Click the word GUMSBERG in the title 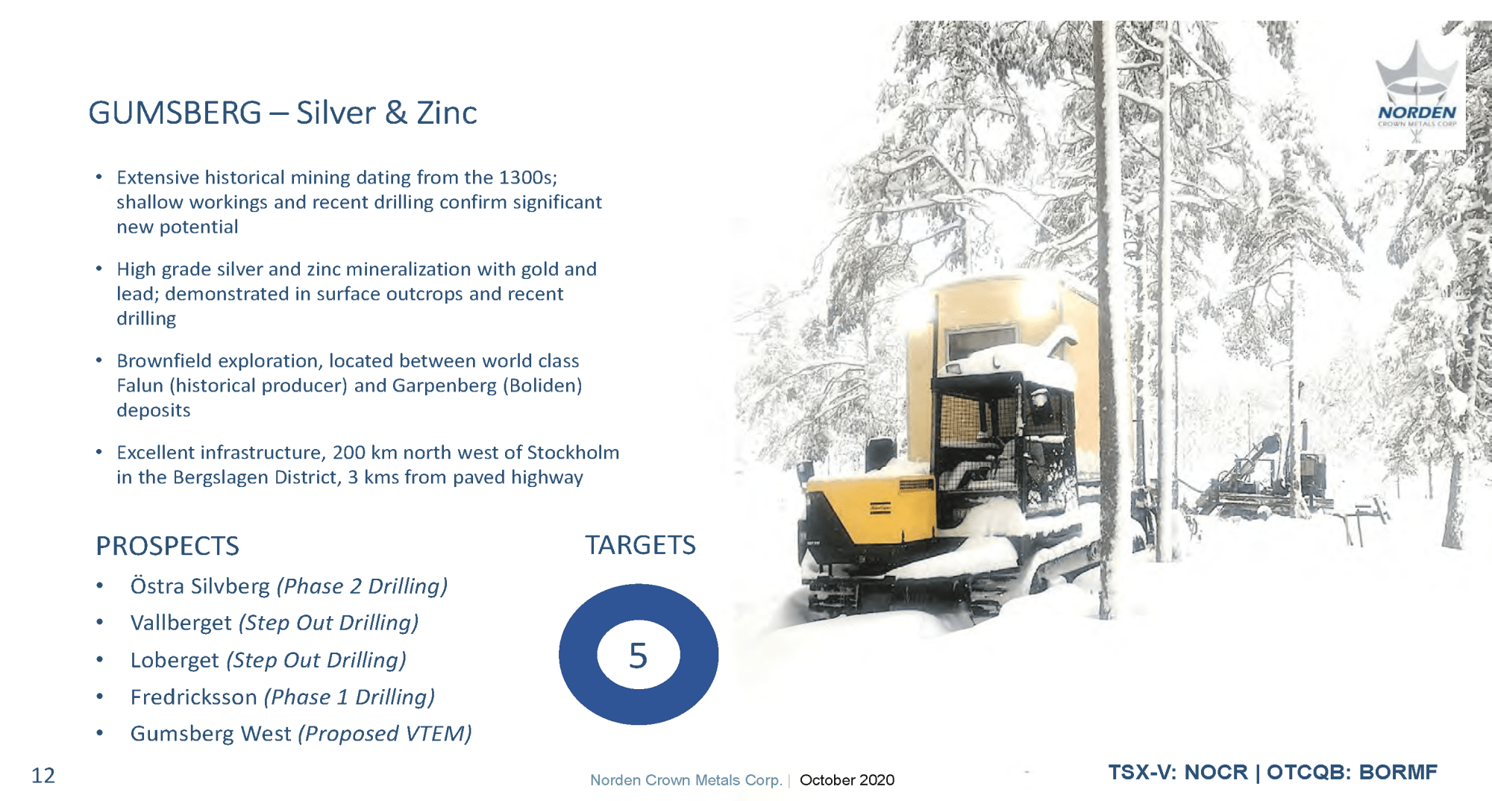[175, 113]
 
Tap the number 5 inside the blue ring [638, 656]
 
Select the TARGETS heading [640, 545]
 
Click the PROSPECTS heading [168, 546]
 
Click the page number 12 [43, 776]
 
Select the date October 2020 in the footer [847, 780]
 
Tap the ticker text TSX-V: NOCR [1178, 772]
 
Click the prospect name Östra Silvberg [200, 586]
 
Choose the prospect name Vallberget [181, 623]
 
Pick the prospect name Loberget [175, 660]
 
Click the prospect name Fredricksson [194, 697]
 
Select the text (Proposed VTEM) [385, 734]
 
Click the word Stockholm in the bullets [573, 453]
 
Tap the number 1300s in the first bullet [528, 178]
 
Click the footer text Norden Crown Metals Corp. [686, 780]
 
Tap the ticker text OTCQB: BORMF [1352, 772]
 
